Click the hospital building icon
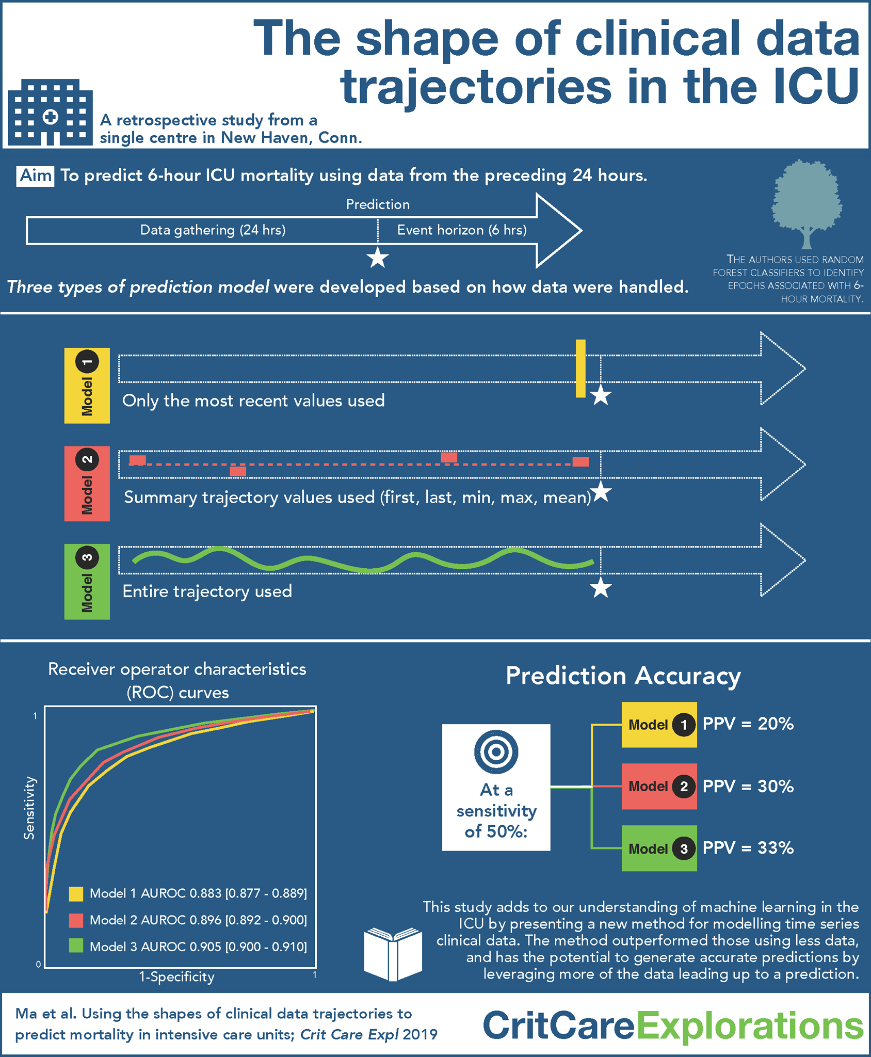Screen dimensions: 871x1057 [x=50, y=112]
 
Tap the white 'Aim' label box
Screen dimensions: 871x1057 [x=35, y=176]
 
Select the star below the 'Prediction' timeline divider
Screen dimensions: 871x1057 [x=378, y=258]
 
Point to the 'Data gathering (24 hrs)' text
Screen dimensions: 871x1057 [x=213, y=230]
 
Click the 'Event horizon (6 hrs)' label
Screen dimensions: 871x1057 [x=462, y=230]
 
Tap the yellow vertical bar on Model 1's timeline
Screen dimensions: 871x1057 [x=580, y=369]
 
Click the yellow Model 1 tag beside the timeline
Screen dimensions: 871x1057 [x=87, y=386]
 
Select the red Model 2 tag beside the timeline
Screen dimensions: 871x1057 [x=87, y=484]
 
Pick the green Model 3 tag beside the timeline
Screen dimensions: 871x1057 [x=87, y=582]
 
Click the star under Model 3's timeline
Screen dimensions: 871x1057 [x=601, y=588]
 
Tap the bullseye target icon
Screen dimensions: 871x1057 [x=496, y=752]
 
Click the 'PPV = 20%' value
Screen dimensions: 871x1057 [x=748, y=724]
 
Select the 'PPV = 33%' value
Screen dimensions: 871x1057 [x=748, y=848]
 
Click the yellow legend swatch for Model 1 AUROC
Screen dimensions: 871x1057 [x=76, y=894]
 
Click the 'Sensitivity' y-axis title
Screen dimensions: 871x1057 [x=29, y=808]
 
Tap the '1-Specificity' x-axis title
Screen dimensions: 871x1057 [x=176, y=977]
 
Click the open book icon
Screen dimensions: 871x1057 [x=393, y=954]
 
